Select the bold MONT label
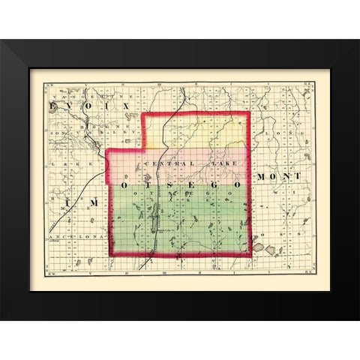tap(278, 175)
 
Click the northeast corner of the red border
tap(247, 114)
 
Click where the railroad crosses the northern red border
tap(168, 114)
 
